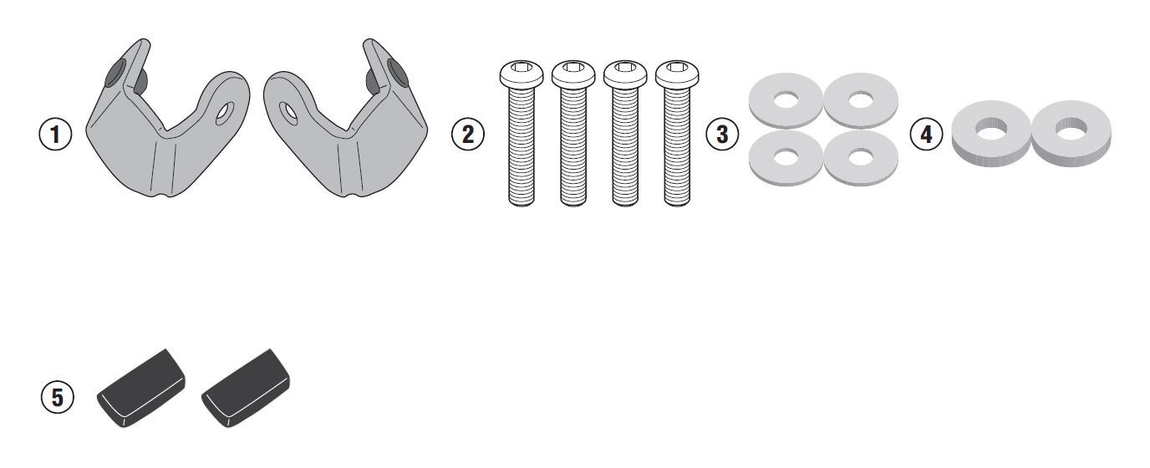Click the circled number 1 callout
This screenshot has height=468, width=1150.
click(55, 135)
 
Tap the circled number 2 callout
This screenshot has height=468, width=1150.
click(468, 135)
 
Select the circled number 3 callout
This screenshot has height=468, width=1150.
click(722, 135)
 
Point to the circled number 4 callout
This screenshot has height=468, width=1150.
click(926, 135)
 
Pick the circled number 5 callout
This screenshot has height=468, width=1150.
click(58, 398)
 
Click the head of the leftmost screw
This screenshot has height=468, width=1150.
click(522, 74)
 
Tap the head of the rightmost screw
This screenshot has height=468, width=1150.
click(677, 74)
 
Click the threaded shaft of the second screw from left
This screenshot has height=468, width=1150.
click(573, 147)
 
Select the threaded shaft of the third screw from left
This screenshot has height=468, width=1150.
click(625, 147)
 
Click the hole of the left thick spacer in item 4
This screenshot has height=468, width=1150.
click(991, 129)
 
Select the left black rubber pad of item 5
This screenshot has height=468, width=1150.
click(141, 389)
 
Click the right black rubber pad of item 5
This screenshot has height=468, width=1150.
click(246, 389)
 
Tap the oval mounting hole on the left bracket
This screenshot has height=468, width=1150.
click(224, 114)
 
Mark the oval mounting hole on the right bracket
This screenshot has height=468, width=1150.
click(288, 114)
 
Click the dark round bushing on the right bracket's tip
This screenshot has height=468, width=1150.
click(397, 73)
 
